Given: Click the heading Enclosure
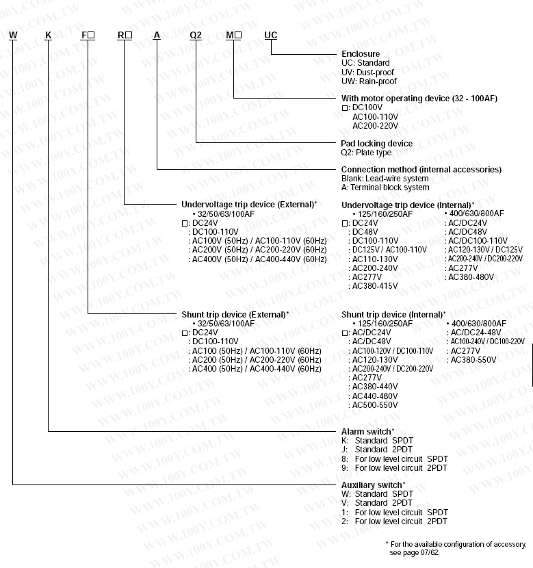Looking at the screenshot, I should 361,54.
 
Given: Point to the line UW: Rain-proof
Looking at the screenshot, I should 369,81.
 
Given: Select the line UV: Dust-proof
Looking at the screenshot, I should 369,72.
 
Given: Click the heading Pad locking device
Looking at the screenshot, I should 377,144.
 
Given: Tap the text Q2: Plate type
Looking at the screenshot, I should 367,153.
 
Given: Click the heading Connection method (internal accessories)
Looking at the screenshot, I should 421,170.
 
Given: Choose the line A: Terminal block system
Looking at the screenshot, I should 385,188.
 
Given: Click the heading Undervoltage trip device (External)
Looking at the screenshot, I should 248,205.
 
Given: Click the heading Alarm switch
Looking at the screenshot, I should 367,432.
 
